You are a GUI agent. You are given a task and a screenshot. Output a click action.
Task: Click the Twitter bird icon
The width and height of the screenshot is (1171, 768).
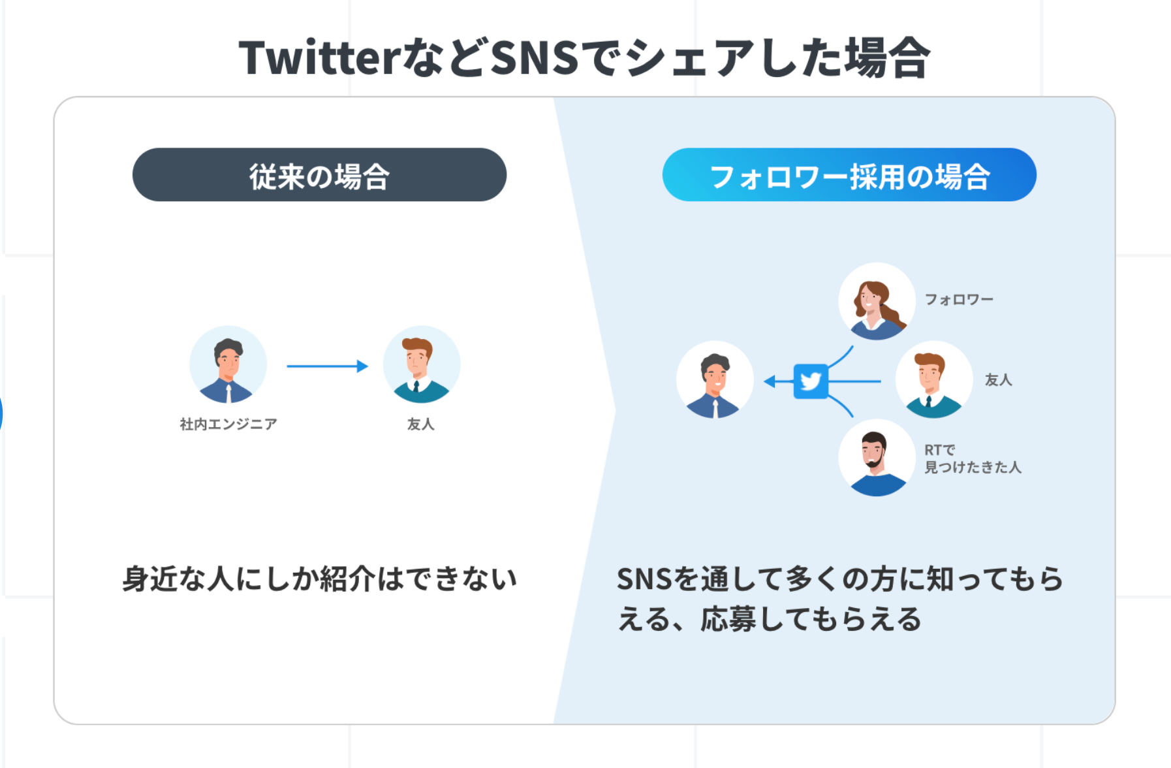coord(811,381)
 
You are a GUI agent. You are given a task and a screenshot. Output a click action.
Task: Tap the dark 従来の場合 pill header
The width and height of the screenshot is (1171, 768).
coord(319,175)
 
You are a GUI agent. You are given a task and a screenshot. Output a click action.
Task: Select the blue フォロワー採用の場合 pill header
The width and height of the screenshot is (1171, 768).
coord(849,175)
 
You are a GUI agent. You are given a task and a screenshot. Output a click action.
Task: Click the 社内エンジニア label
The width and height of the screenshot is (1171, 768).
coord(228,424)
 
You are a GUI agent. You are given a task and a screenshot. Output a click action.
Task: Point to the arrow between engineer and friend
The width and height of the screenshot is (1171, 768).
coord(327,366)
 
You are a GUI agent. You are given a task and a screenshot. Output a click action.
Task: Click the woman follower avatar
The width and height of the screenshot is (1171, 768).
coord(877,301)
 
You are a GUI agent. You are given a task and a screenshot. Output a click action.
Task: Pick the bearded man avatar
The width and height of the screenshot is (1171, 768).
coord(877,458)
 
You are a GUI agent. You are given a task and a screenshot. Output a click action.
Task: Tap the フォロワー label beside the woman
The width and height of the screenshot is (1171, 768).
coord(959,300)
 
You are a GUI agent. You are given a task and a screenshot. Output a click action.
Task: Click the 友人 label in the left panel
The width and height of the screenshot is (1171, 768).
coord(420,424)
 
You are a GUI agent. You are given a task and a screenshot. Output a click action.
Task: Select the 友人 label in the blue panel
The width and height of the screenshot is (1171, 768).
coord(998,380)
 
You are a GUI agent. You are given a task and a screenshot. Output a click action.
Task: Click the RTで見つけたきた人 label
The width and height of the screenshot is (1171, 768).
coord(972,458)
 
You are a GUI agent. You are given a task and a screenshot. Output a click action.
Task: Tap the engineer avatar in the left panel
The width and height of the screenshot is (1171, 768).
coord(228,364)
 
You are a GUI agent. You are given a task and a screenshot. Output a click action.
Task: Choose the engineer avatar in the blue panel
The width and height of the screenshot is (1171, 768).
coord(715,379)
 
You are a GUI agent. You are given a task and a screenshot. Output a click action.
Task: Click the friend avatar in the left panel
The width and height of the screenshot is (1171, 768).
coord(421,364)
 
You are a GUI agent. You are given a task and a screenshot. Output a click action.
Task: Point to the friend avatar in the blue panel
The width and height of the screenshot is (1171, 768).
coord(933,379)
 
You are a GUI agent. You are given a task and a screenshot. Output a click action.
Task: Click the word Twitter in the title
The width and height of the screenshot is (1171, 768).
coord(319,57)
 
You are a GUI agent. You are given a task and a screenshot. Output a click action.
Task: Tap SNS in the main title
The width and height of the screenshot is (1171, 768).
coord(534,57)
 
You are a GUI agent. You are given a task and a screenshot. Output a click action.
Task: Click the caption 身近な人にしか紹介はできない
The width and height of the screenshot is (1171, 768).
coord(319,579)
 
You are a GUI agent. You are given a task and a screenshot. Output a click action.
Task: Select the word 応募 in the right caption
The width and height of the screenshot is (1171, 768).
coord(728,619)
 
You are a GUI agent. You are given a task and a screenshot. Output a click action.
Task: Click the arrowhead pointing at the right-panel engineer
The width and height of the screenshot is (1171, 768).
coord(770,381)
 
